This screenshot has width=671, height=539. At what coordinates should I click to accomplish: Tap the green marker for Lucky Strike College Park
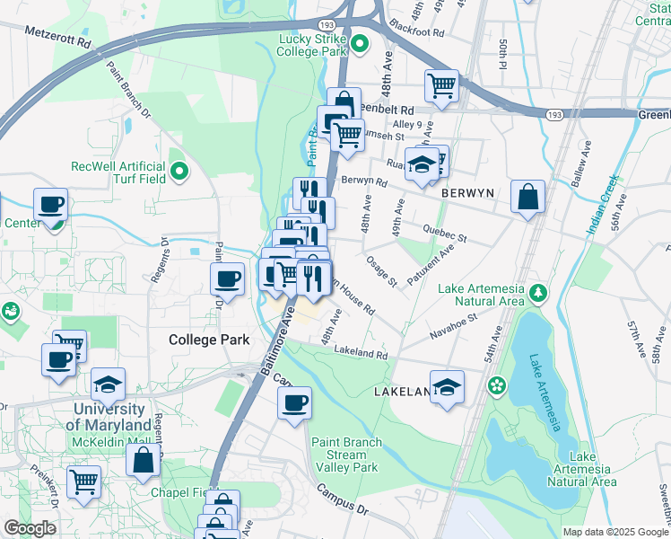coord(360,43)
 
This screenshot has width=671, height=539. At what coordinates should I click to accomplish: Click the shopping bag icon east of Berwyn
coord(528,197)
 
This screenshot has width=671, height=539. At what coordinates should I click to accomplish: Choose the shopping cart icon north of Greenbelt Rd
coord(441,86)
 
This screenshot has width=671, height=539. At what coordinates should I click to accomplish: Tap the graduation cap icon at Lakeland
coord(447,386)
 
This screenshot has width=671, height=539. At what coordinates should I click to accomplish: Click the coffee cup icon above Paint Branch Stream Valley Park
coord(293,402)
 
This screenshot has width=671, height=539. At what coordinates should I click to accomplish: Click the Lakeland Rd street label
coord(361,352)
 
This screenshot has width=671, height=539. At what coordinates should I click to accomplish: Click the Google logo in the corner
coord(30,528)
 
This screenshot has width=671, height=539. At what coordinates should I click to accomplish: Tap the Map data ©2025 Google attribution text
coord(614,532)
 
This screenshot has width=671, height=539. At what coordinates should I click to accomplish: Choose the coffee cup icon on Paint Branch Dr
coord(228,278)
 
